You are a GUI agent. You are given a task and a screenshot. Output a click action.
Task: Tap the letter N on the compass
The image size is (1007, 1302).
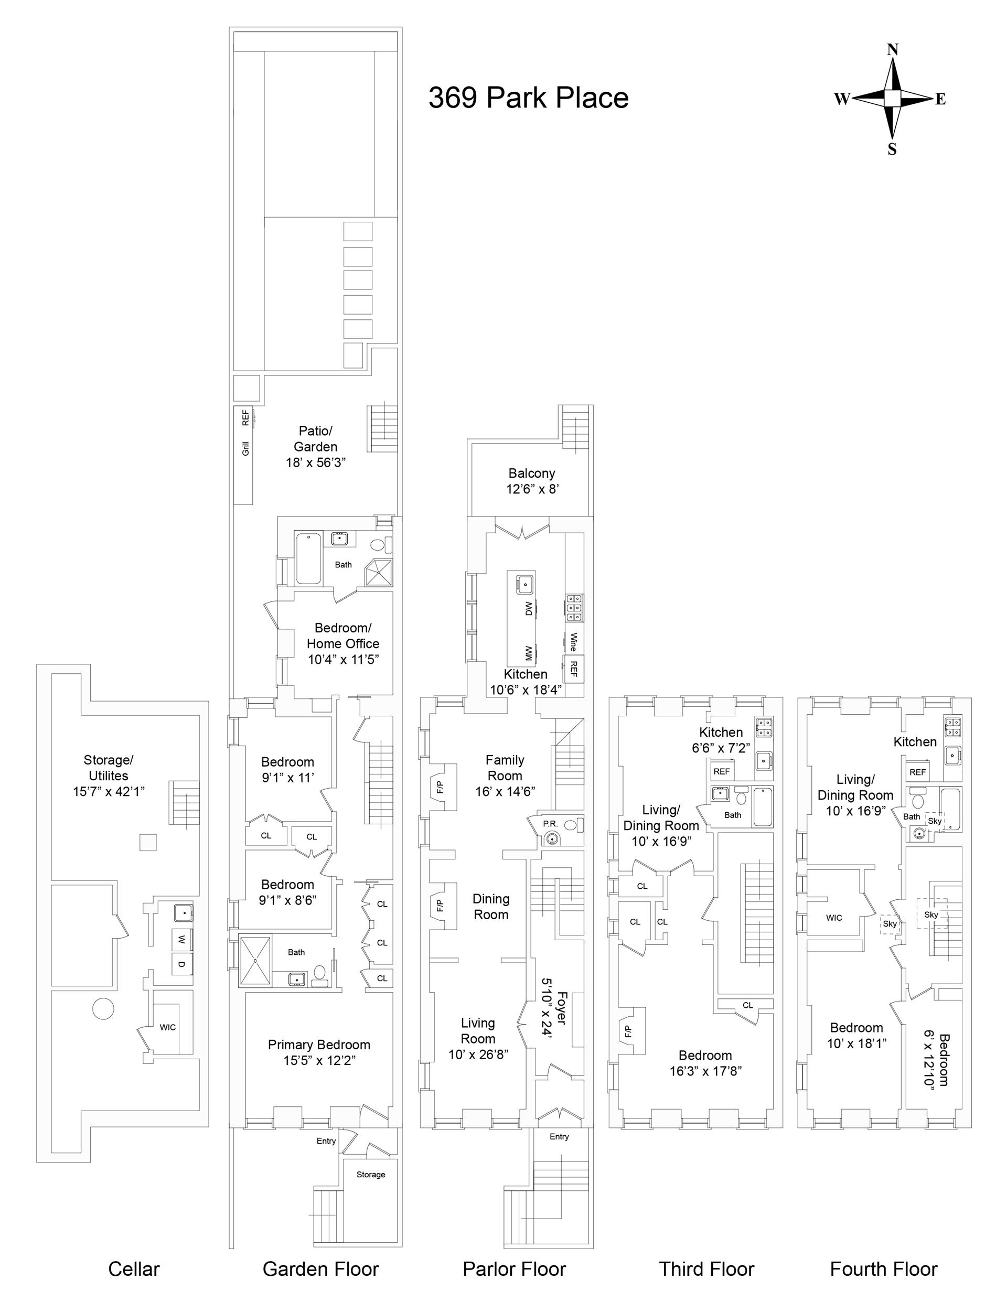[x=893, y=49]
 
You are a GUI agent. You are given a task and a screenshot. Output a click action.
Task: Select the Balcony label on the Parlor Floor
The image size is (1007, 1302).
[x=531, y=474]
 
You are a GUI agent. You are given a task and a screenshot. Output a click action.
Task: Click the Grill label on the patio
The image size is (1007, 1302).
[x=245, y=448]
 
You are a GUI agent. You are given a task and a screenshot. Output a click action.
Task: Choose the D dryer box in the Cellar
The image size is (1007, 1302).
[x=181, y=964]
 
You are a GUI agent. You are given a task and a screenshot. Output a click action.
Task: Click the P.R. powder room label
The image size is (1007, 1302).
[x=550, y=824]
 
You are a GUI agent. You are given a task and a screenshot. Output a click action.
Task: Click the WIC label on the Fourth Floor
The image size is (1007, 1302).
[x=834, y=918]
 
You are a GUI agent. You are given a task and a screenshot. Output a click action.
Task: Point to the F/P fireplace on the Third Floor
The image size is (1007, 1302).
[x=628, y=1031]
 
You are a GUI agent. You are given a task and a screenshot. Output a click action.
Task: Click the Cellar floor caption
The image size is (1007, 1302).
[x=134, y=1268]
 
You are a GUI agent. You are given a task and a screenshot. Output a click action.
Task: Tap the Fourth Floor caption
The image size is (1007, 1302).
[x=884, y=1268]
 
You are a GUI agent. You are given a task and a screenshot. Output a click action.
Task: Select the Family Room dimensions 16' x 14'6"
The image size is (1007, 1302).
[x=505, y=792]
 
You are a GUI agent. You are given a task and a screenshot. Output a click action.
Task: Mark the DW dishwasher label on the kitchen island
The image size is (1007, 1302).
[x=528, y=608]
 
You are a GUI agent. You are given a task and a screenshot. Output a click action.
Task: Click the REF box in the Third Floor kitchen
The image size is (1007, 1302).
[x=721, y=771]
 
